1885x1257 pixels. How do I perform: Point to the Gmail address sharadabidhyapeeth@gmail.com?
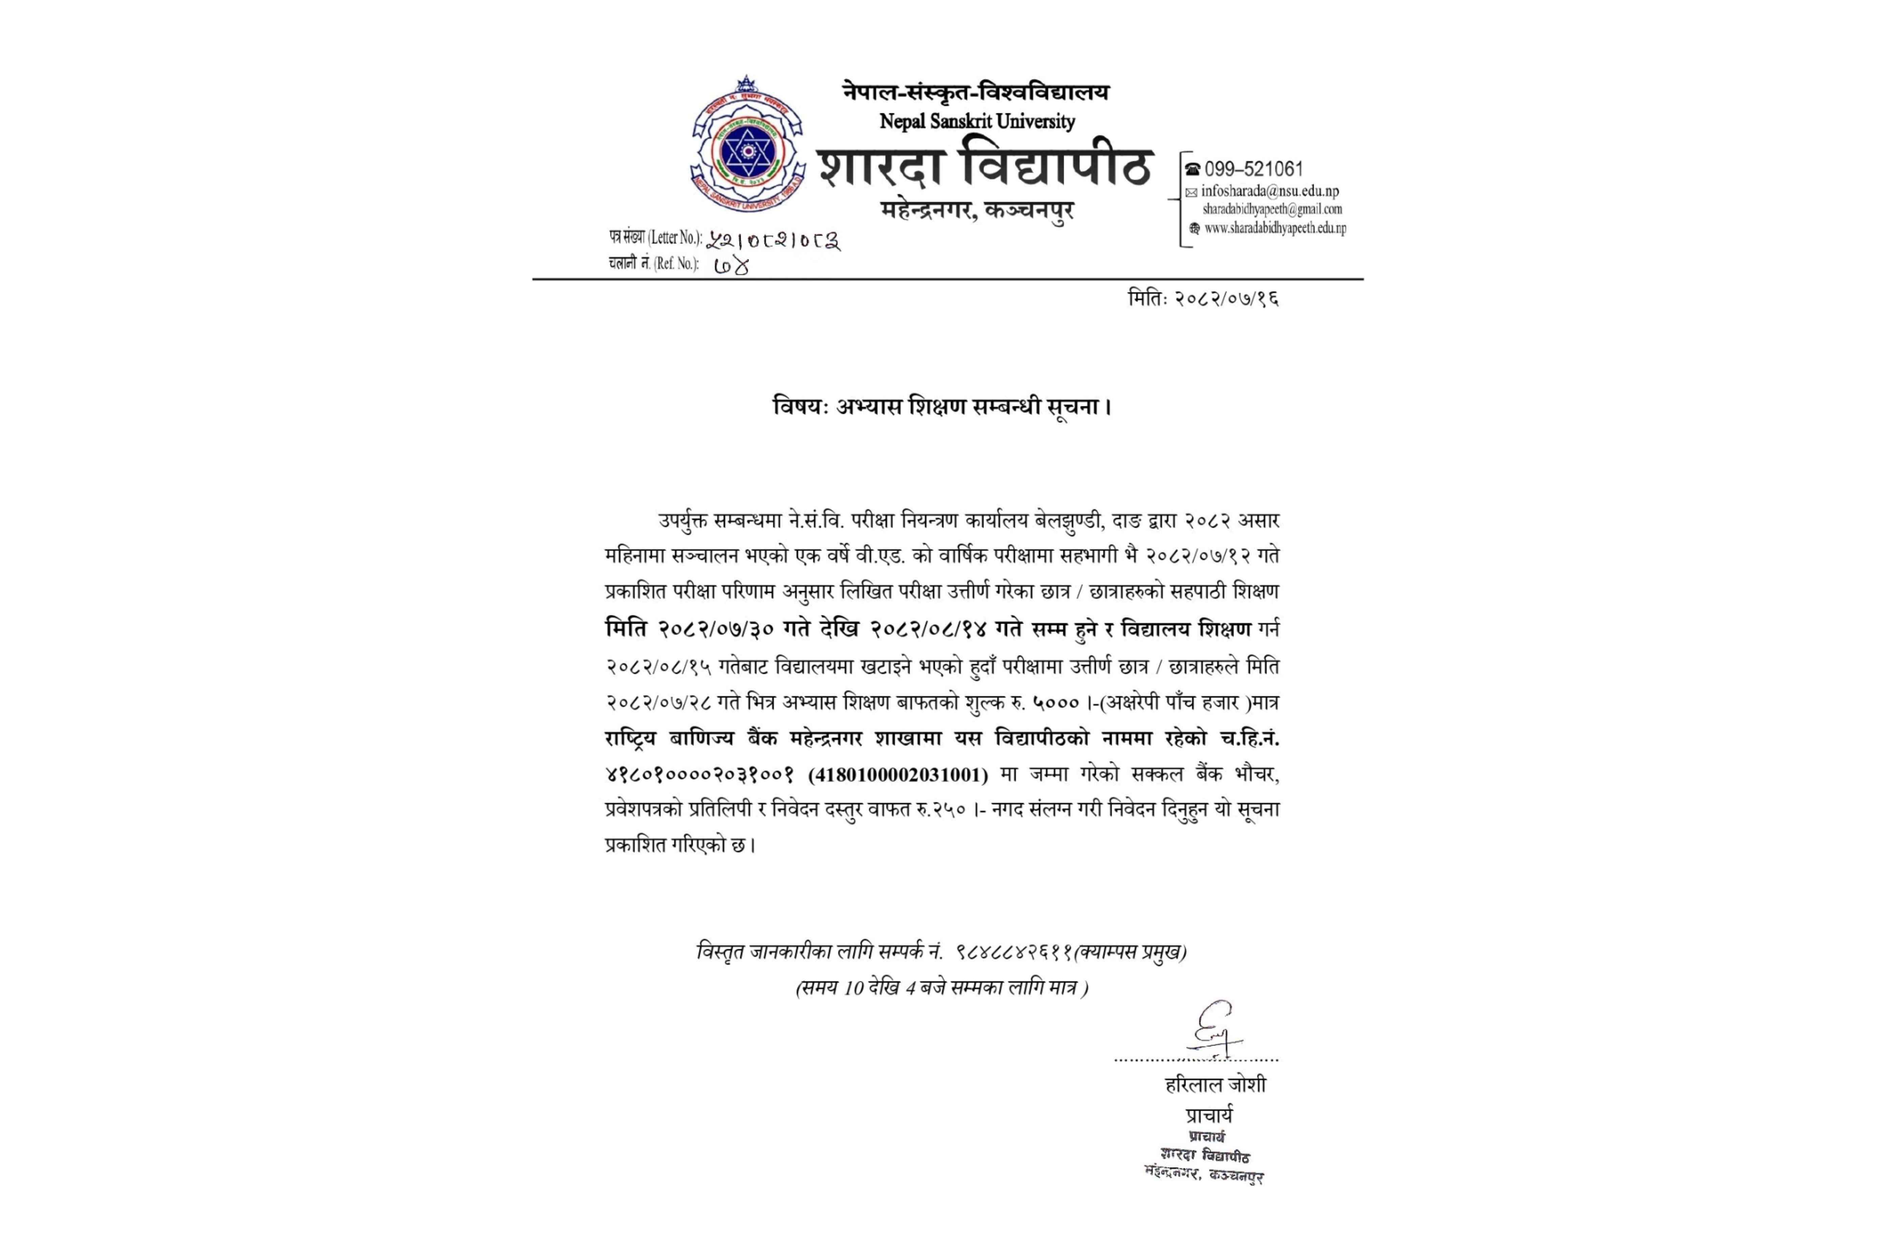click(1272, 209)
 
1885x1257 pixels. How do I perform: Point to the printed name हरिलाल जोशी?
click(1215, 1085)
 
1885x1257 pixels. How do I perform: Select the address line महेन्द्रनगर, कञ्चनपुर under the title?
click(977, 210)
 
